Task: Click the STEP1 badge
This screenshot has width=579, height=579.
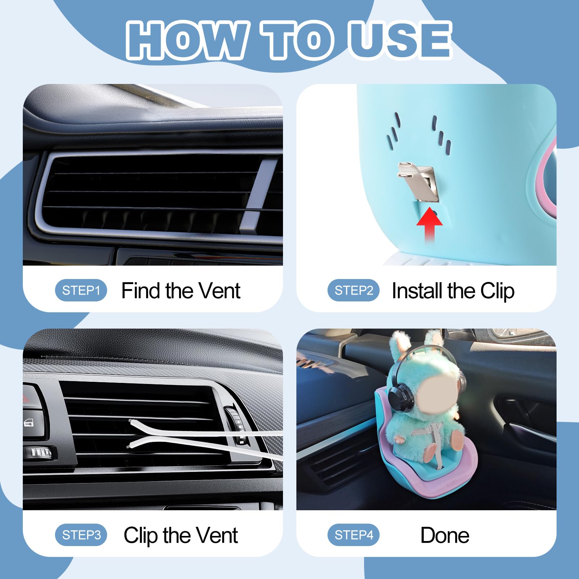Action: [81, 290]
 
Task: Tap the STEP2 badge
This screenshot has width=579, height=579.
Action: [354, 290]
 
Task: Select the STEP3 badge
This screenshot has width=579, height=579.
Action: [81, 535]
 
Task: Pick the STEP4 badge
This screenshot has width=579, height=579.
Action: [354, 535]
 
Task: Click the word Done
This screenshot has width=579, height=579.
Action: [445, 535]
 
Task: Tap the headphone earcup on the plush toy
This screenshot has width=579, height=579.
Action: [401, 396]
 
